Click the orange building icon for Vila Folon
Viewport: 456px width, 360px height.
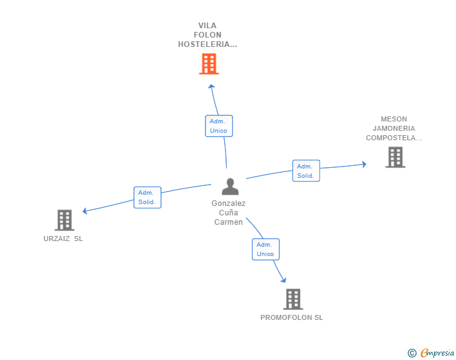[x=209, y=64]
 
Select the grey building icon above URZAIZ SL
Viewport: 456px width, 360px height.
[x=65, y=220]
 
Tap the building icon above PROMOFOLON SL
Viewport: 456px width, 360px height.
[x=293, y=299]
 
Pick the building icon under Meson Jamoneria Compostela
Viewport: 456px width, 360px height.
[x=395, y=157]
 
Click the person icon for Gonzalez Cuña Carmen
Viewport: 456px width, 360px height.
[x=230, y=187]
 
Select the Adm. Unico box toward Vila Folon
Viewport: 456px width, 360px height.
[x=219, y=126]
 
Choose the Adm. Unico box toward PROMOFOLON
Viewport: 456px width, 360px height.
[x=266, y=249]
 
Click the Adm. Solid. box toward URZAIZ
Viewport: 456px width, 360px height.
[x=147, y=197]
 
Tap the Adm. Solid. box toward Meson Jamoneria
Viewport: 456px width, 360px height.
[x=306, y=171]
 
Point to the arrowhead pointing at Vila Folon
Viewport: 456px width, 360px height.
[x=212, y=86]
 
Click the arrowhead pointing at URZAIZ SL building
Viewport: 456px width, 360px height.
[x=85, y=211]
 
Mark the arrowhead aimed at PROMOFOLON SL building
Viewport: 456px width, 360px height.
[x=284, y=280]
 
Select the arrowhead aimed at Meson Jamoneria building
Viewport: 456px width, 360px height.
[x=364, y=164]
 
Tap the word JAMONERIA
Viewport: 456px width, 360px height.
[x=394, y=128]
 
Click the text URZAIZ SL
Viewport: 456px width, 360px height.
[x=63, y=239]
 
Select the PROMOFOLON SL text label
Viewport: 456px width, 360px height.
[x=292, y=317]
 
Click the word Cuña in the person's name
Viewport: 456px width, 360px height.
[x=229, y=213]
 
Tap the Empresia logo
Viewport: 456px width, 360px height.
[x=431, y=352]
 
